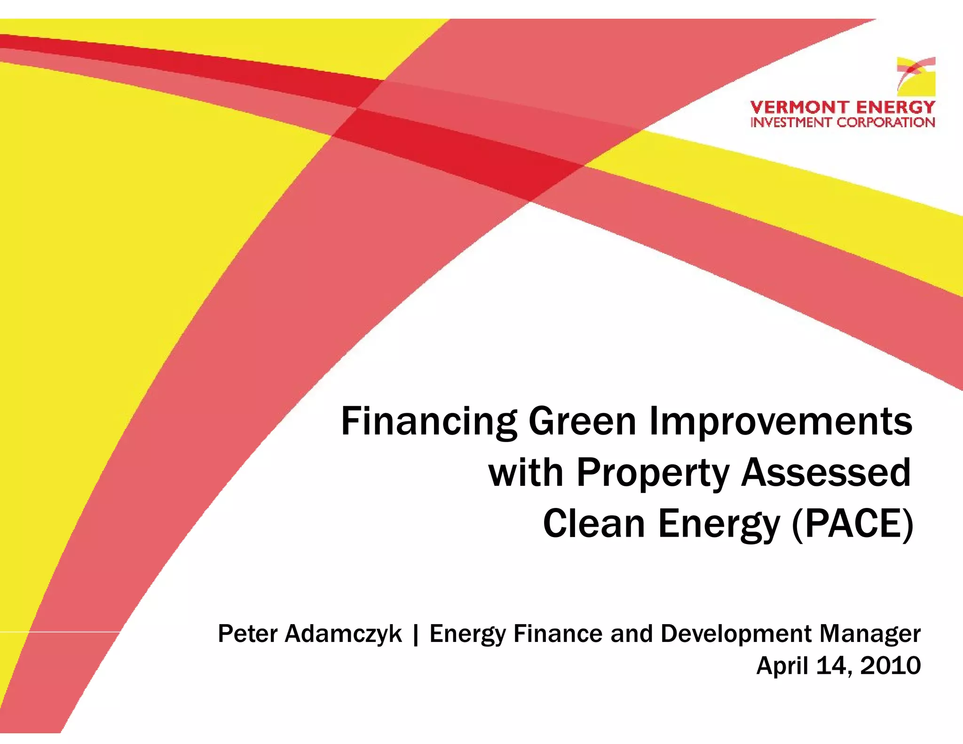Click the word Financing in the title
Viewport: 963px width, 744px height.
428,422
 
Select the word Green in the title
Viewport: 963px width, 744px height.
583,422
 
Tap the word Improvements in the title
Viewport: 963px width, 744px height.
781,422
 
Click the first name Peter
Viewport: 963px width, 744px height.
247,633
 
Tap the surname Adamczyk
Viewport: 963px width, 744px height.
343,633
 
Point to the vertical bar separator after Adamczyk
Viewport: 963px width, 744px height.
415,634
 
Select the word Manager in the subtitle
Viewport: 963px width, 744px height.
870,634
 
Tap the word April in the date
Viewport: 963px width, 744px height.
782,666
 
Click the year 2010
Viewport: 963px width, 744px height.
890,666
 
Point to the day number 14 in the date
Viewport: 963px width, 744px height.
834,666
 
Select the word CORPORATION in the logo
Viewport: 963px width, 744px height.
886,122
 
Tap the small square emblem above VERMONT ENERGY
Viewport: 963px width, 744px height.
916,77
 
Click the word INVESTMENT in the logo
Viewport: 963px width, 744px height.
791,122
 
